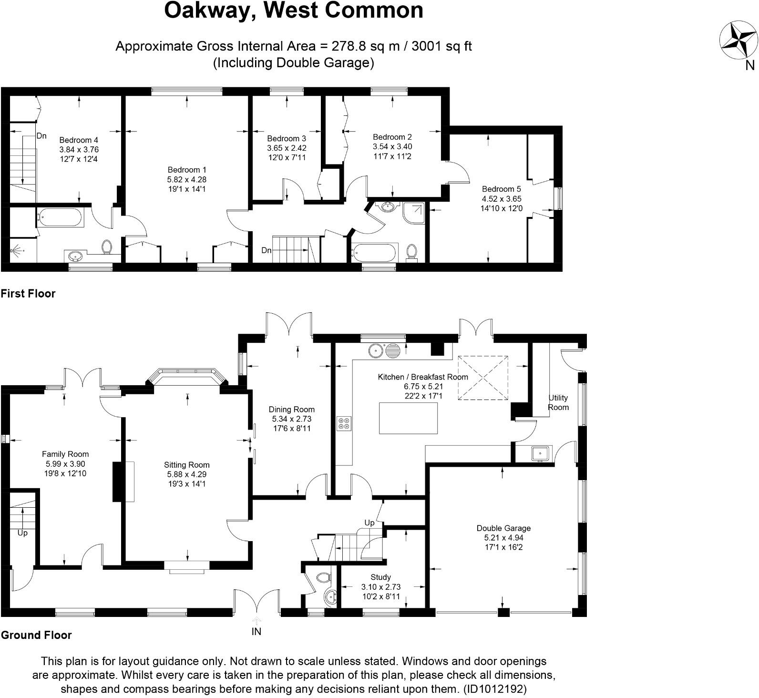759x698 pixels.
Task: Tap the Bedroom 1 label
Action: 187,170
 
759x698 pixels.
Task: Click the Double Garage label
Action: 503,528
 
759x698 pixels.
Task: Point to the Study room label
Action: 380,577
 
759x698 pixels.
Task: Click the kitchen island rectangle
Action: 408,418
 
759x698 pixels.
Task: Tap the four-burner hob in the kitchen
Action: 344,424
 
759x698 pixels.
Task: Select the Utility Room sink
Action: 540,453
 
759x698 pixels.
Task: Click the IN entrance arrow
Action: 256,620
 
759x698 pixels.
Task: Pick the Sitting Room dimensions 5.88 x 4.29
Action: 187,474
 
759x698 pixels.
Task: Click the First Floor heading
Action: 28,294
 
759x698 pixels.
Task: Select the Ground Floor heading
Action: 36,635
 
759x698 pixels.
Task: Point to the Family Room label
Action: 65,454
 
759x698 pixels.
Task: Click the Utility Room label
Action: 558,402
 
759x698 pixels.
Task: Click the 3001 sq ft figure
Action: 441,46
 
